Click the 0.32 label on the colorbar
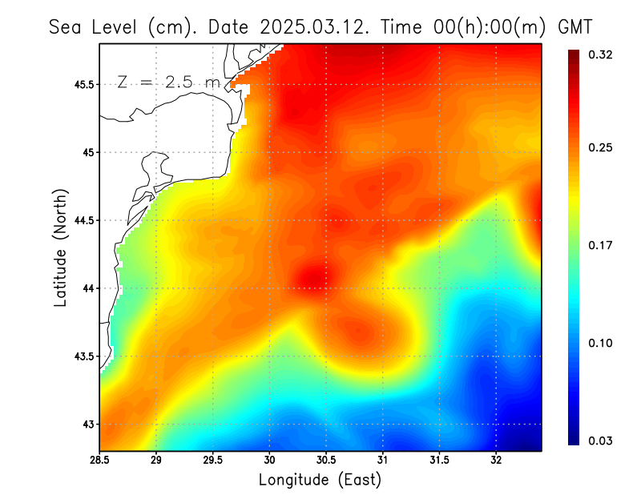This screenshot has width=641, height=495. click(601, 55)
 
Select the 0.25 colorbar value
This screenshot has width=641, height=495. click(601, 147)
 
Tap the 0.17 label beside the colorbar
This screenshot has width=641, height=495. click(601, 245)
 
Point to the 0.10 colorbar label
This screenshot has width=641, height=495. click(601, 343)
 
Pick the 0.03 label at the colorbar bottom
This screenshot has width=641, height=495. click(601, 440)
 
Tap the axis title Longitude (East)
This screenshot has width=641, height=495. click(320, 481)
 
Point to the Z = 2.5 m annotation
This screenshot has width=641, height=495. click(167, 82)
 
